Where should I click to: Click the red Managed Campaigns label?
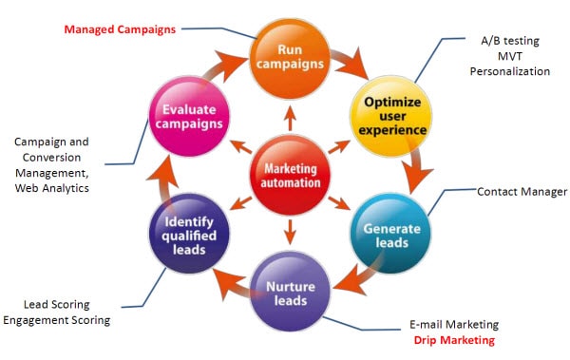pyautogui.click(x=120, y=28)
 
